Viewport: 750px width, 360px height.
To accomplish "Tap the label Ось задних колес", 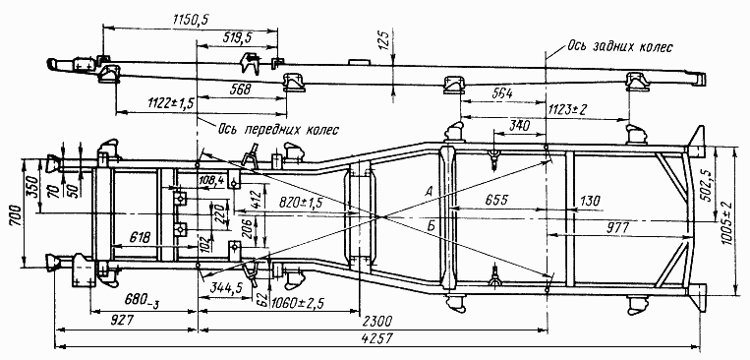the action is [x=620, y=47].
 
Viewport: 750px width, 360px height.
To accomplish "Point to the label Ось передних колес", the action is [x=278, y=130].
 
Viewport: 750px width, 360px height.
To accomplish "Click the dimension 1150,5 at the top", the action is [x=191, y=19].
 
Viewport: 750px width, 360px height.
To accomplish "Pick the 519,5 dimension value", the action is [x=238, y=37].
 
